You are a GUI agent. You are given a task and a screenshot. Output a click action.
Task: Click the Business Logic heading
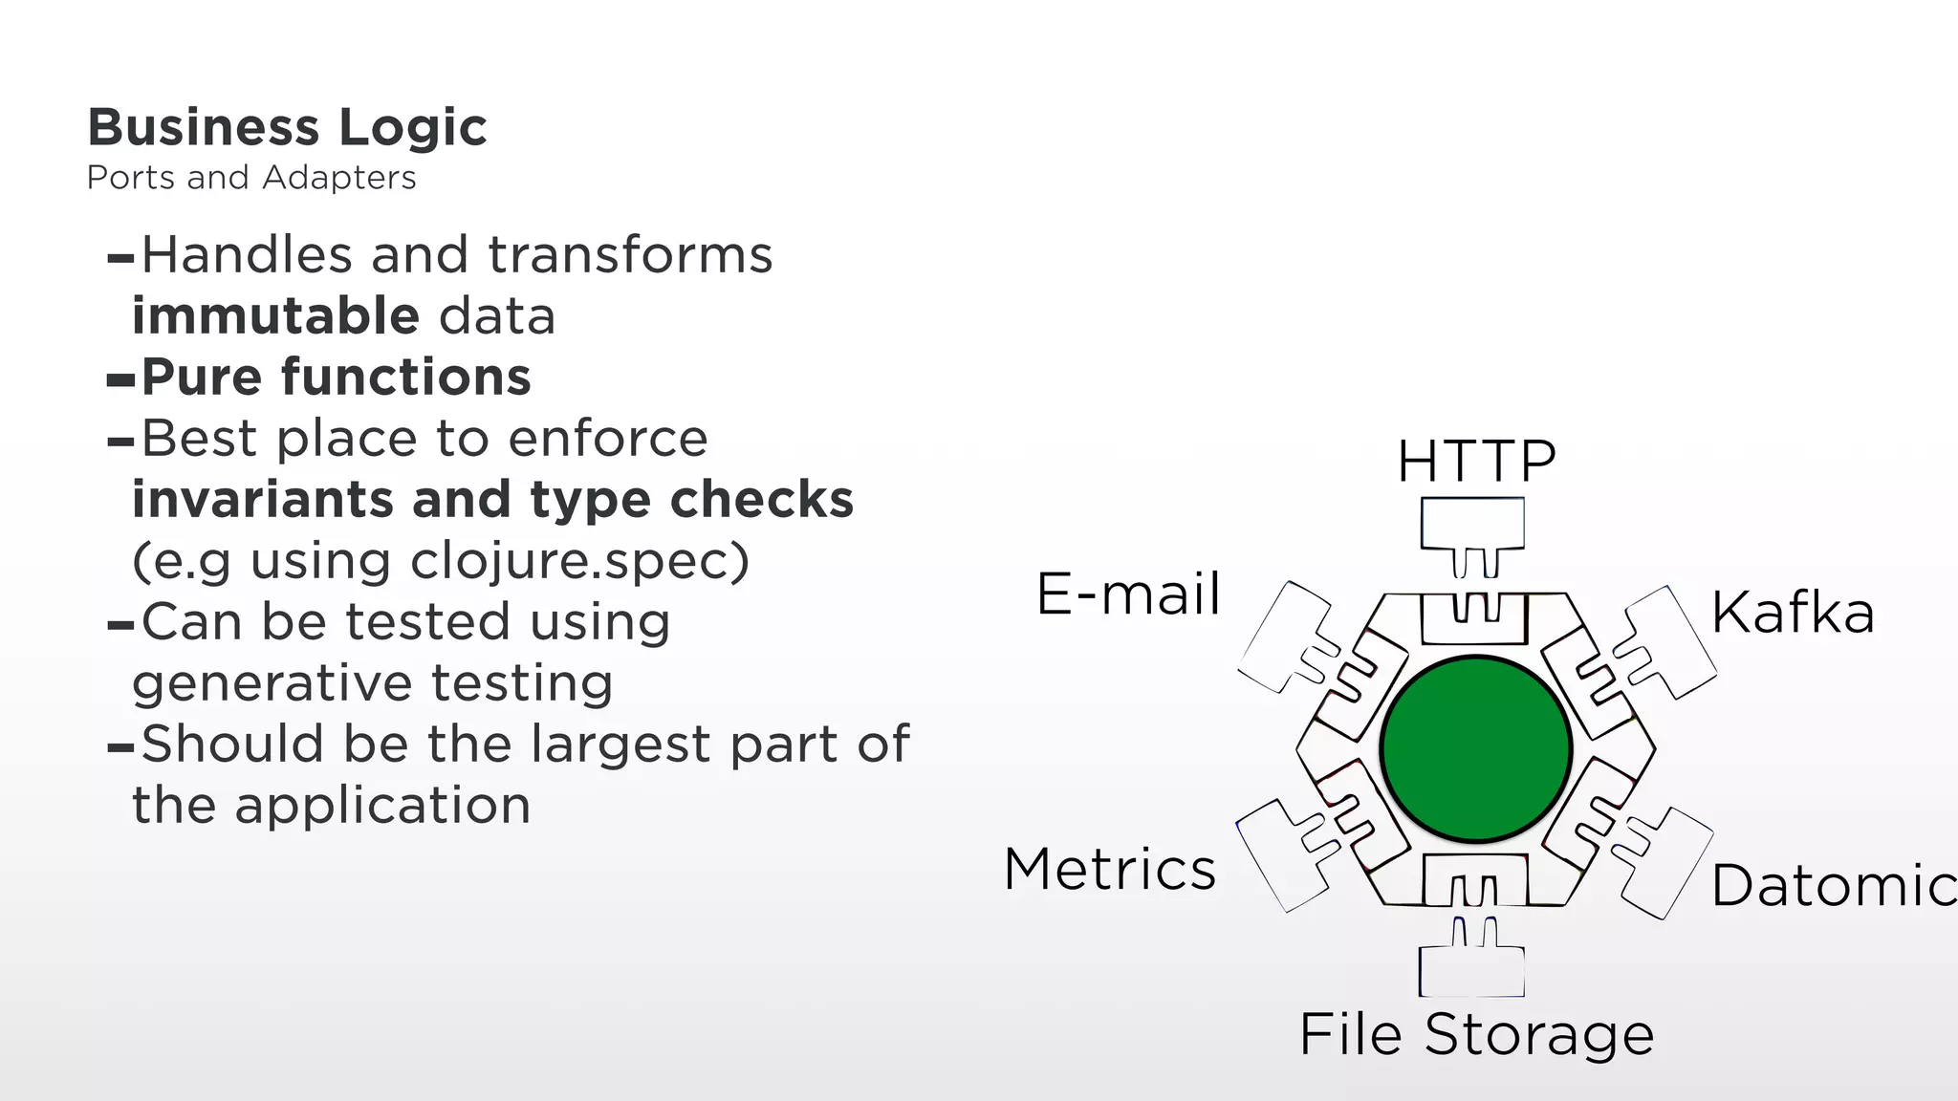pos(287,128)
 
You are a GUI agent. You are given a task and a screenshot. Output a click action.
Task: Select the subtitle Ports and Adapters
pos(251,178)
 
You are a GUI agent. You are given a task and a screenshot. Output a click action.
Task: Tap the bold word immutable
pos(275,316)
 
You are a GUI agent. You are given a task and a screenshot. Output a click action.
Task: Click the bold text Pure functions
pos(336,378)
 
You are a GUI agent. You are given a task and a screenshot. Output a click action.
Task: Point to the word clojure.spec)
pos(580,561)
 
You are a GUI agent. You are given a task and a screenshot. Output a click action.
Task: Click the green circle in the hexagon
pos(1475,749)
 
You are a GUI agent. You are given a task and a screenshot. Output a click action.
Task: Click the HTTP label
pos(1476,462)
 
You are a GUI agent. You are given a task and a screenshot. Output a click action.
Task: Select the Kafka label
pos(1793,613)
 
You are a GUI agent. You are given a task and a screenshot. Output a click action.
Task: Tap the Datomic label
pos(1831,885)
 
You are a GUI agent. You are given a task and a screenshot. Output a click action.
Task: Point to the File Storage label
pos(1476,1034)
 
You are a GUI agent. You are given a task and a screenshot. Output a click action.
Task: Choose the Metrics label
pos(1110,870)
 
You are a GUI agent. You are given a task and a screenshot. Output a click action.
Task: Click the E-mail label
pos(1128,594)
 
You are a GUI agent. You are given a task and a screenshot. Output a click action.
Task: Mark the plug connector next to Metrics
pos(1281,853)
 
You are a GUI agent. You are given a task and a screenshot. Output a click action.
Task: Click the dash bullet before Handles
pos(120,258)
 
